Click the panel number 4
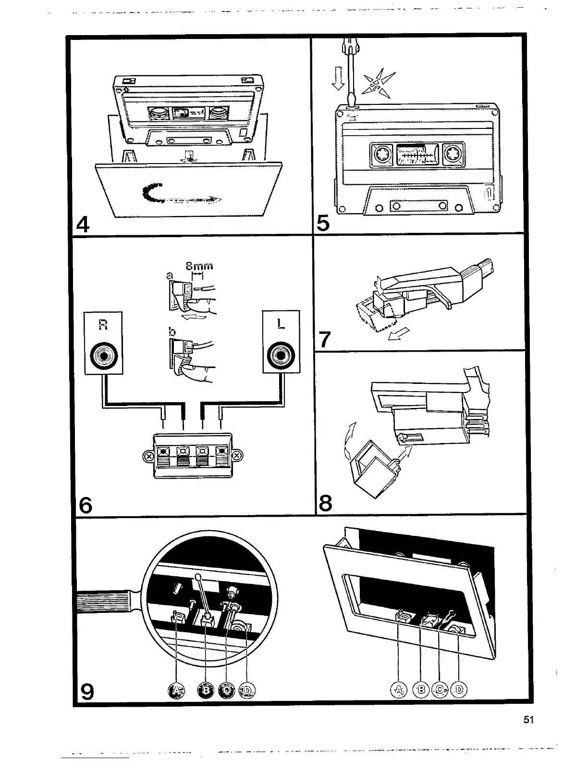click(x=83, y=225)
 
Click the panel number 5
click(x=323, y=225)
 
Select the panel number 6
click(x=85, y=505)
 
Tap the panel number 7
click(x=325, y=340)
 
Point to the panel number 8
click(x=325, y=504)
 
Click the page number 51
click(x=529, y=720)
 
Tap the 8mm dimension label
click(x=199, y=266)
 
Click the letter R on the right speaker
click(x=102, y=325)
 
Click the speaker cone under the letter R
click(x=103, y=356)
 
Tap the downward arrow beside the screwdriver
click(x=338, y=78)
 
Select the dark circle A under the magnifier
click(x=177, y=691)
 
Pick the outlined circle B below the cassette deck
click(x=421, y=690)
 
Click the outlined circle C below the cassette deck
click(x=440, y=690)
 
